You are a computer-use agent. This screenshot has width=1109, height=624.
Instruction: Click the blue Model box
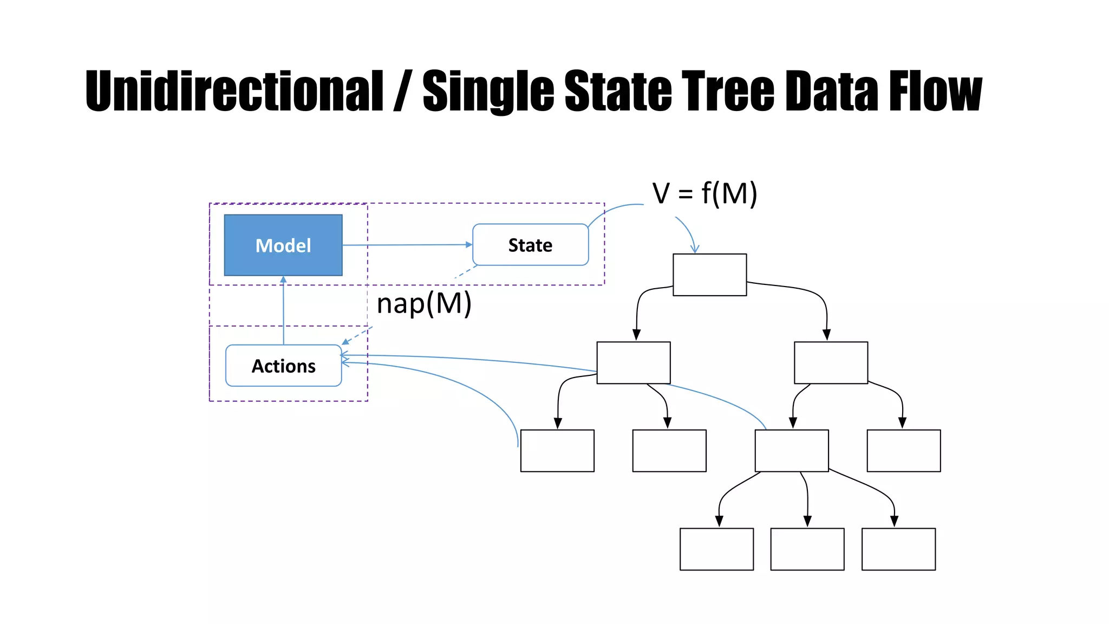coord(283,245)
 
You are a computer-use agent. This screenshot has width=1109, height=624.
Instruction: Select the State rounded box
coord(530,245)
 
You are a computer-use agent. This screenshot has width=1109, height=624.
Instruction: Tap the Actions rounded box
coord(283,366)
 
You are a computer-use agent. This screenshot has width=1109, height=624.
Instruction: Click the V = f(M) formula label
coord(704,193)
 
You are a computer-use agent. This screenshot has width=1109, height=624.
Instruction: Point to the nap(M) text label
coord(424,303)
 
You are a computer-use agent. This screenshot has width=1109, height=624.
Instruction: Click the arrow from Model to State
coord(406,245)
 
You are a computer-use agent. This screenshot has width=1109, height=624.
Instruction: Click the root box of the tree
coord(709,275)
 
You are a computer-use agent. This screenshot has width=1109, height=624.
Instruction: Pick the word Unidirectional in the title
coord(234,91)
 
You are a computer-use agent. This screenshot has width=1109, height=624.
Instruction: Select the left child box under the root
coord(634,362)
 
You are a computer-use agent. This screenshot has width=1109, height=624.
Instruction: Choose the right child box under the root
coord(831,362)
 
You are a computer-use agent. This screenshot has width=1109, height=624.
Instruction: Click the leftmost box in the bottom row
coord(716,549)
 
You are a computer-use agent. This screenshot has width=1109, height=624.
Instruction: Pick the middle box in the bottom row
coord(807,549)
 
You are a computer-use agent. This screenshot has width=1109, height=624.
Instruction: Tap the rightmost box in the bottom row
coord(898,549)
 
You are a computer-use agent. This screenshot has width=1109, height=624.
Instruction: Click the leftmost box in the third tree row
coord(557,451)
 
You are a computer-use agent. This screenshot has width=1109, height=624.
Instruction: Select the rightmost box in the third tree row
coord(903,451)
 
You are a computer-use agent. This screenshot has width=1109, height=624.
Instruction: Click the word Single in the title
coord(488,91)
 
